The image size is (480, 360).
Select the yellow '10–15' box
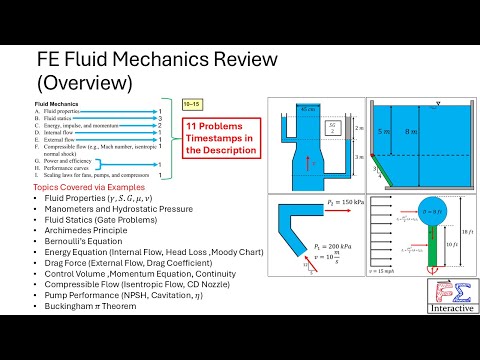coord(196,103)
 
